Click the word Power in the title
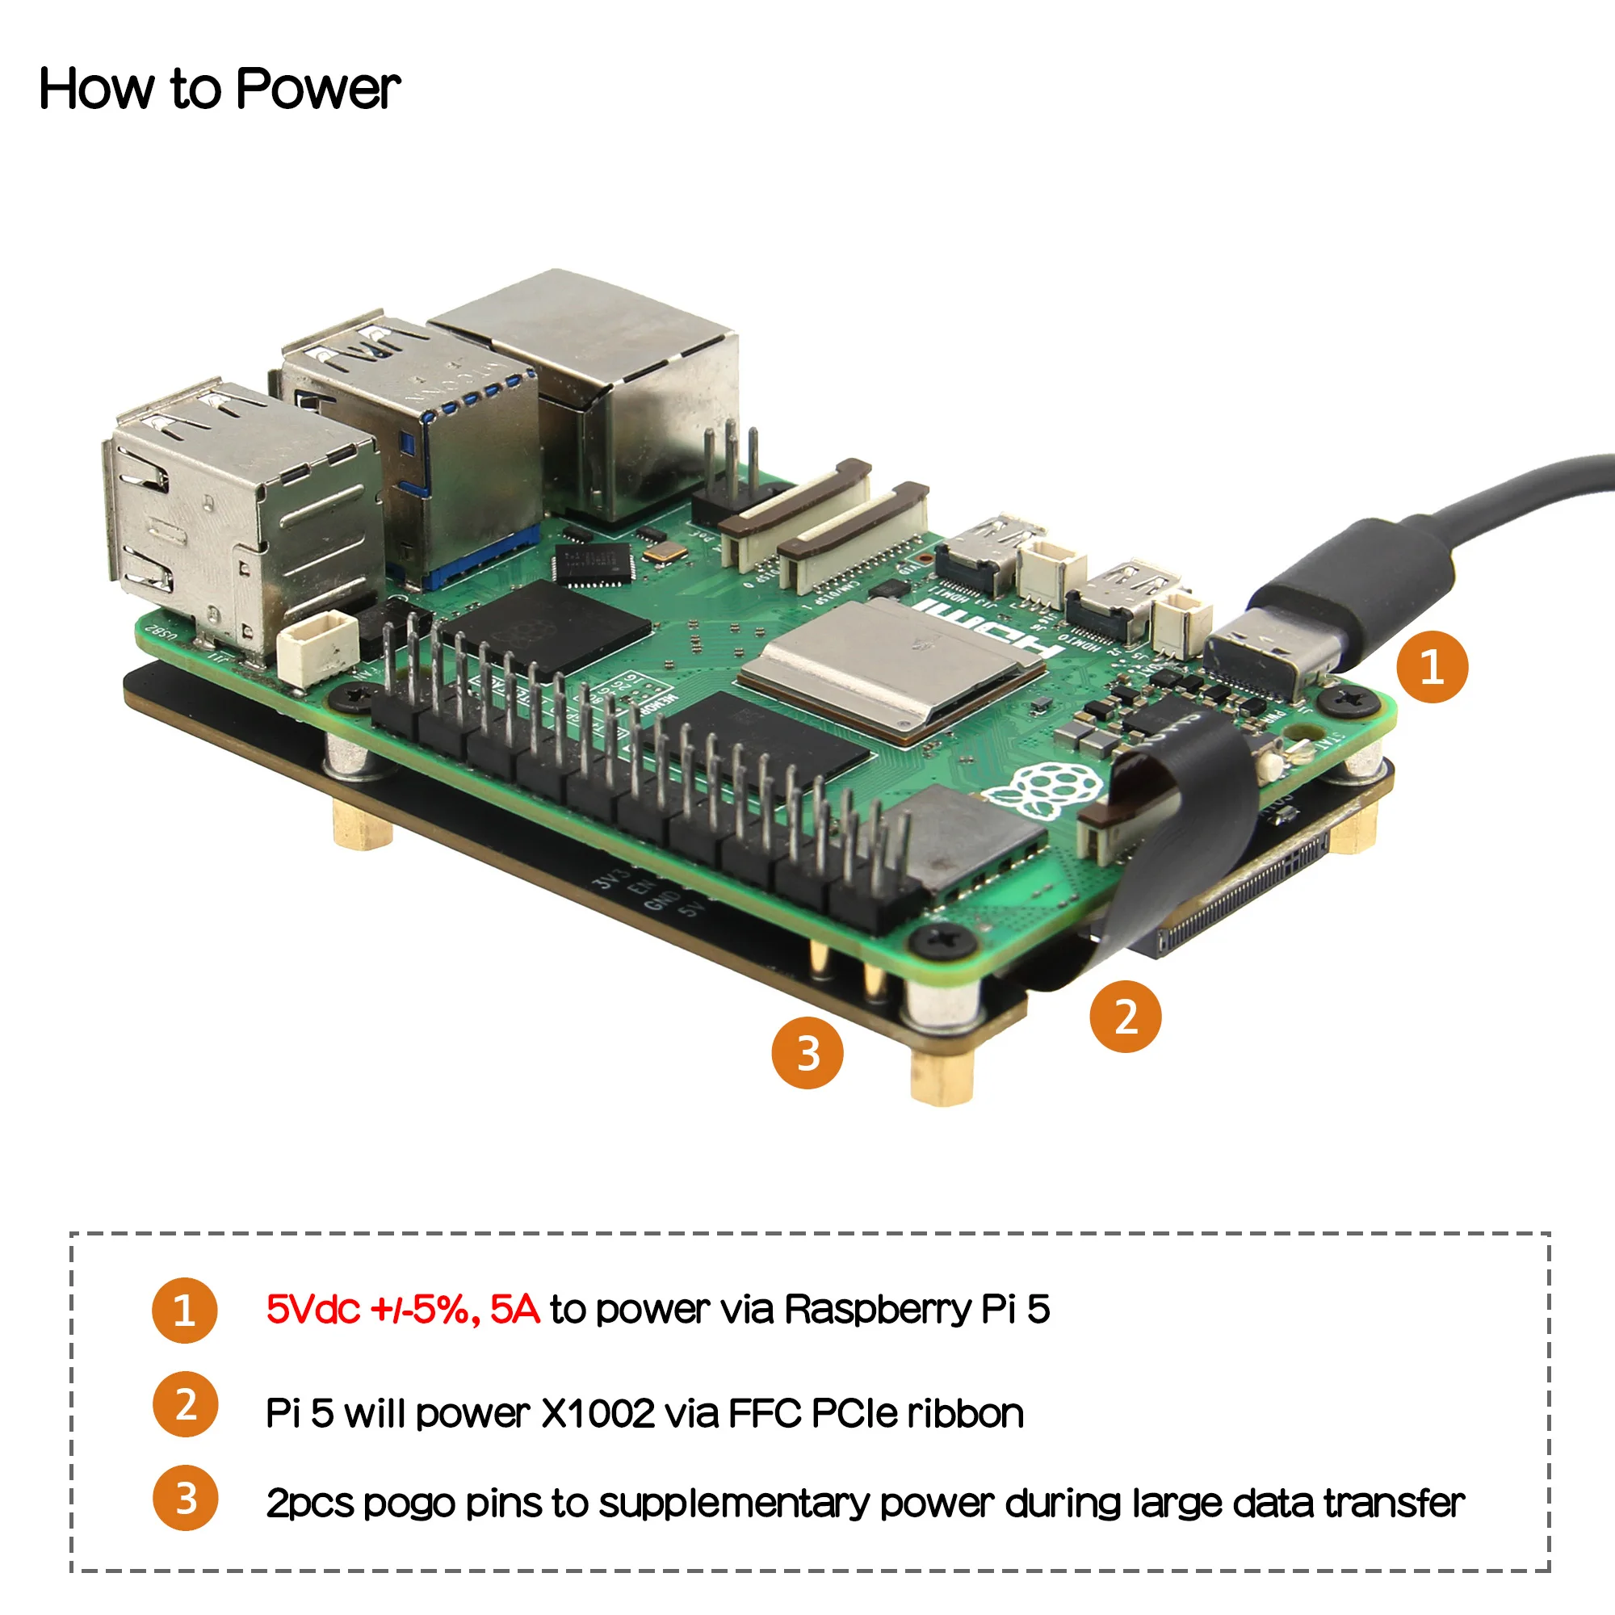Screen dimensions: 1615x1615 pyautogui.click(x=317, y=89)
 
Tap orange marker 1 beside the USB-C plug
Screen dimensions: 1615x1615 pyautogui.click(x=1432, y=666)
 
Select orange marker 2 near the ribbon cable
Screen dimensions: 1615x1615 pyautogui.click(x=1125, y=1016)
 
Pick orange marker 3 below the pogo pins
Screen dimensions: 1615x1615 pyautogui.click(x=807, y=1052)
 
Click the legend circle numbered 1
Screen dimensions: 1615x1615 pyautogui.click(x=184, y=1310)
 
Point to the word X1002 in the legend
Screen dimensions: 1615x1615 pyautogui.click(x=598, y=1414)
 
